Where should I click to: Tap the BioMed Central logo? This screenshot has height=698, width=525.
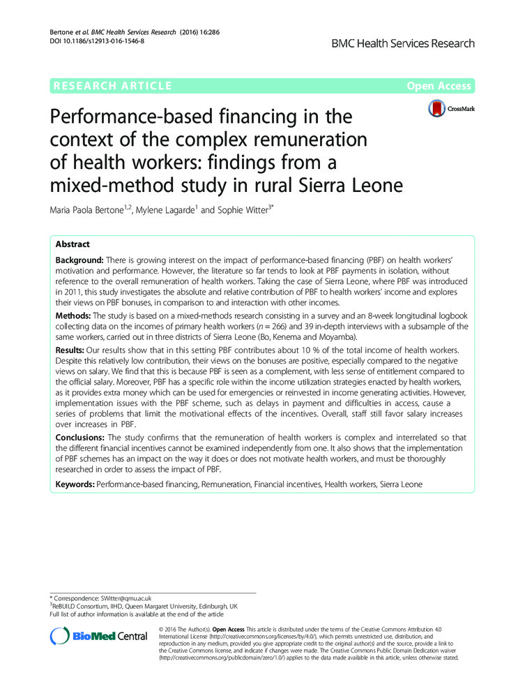click(99, 636)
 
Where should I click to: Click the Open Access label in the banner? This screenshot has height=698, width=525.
click(439, 86)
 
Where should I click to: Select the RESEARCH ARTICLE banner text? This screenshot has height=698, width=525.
click(112, 86)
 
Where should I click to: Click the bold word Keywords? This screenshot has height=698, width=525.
click(75, 483)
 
